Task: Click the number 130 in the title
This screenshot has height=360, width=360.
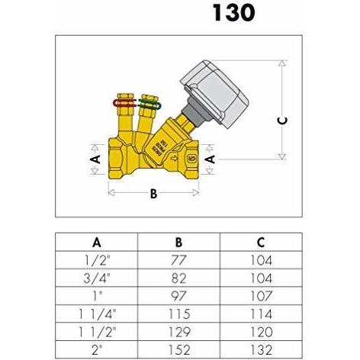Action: click(x=233, y=13)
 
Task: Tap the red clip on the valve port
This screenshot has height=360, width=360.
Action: click(x=124, y=103)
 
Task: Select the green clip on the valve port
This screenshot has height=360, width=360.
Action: click(x=149, y=104)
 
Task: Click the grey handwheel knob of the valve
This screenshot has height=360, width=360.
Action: click(x=214, y=94)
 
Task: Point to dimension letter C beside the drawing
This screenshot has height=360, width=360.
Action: click(x=282, y=121)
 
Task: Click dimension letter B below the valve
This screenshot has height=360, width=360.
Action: click(x=153, y=194)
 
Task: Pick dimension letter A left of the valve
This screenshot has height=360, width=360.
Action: click(x=95, y=159)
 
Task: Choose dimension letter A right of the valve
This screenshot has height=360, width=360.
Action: click(x=210, y=159)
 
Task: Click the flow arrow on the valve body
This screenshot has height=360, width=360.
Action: click(x=174, y=159)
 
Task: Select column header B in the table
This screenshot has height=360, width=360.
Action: click(x=178, y=243)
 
